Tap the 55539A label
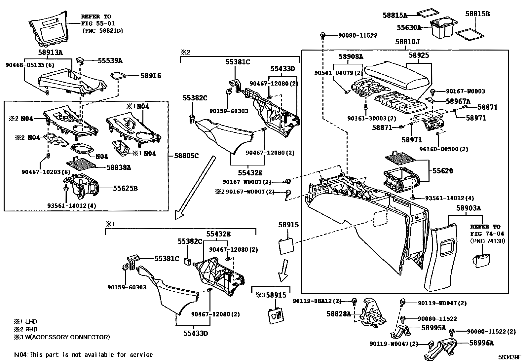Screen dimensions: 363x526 click(110, 60)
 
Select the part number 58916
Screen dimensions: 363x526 click(151, 76)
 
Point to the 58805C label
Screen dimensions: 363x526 click(187, 156)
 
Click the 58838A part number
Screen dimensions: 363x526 click(119, 167)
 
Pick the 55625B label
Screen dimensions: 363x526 click(125, 189)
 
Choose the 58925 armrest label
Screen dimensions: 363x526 click(419, 55)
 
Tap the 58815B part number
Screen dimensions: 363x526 click(477, 14)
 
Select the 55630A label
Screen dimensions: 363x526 click(409, 28)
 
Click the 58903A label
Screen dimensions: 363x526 click(469, 208)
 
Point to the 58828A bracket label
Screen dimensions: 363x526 click(339, 314)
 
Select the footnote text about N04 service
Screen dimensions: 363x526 click(83, 355)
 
